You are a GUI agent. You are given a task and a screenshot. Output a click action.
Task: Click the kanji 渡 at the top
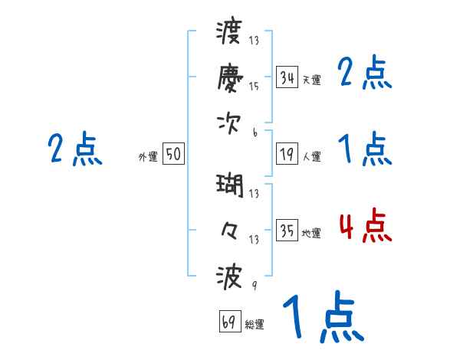(x=230, y=33)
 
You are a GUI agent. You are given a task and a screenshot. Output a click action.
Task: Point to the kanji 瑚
(x=230, y=186)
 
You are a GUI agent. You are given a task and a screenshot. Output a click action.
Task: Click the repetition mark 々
(x=230, y=230)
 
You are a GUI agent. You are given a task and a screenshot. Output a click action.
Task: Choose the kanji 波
(x=230, y=275)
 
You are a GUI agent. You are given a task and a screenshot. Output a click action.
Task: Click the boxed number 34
(x=287, y=77)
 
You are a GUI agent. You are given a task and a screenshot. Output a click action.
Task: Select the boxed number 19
(x=287, y=154)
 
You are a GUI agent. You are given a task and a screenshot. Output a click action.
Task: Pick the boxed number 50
(x=173, y=154)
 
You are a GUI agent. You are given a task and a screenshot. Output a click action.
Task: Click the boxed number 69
(x=230, y=322)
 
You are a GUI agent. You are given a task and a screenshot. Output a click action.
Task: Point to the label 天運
(x=311, y=80)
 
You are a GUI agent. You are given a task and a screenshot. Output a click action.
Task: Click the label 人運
(x=311, y=156)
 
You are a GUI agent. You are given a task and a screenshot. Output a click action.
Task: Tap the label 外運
(x=148, y=156)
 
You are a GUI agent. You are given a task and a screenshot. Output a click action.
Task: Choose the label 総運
(x=255, y=324)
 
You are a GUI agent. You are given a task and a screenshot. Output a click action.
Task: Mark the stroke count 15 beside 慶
(x=254, y=87)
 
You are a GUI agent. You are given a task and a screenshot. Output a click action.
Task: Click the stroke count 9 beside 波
(x=255, y=285)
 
